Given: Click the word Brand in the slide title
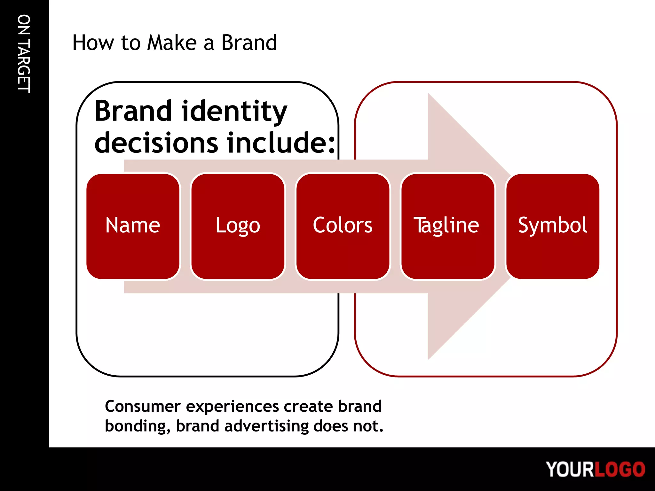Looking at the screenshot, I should tap(249, 43).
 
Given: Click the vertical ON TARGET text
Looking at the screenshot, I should tap(24, 54).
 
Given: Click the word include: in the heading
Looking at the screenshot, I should tap(281, 143).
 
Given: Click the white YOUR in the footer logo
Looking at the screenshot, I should tap(570, 469).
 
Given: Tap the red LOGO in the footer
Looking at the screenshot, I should tap(619, 469).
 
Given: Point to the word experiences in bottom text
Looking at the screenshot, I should tap(233, 407).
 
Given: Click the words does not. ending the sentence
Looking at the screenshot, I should tap(348, 426).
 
